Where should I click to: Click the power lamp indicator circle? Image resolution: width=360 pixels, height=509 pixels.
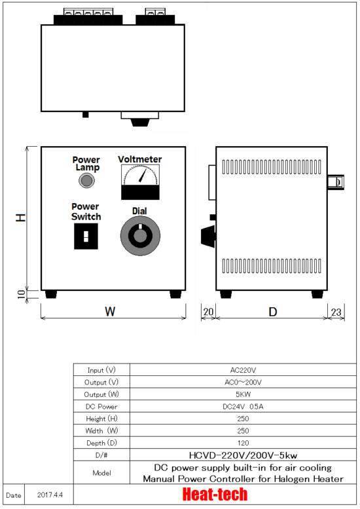tap(86, 181)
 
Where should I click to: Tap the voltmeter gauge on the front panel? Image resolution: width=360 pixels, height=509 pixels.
tap(140, 182)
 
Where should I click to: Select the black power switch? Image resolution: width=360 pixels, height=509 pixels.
tap(86, 236)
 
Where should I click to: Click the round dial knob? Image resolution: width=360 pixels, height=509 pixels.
tap(140, 236)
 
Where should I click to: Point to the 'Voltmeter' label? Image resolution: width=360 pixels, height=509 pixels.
tap(140, 159)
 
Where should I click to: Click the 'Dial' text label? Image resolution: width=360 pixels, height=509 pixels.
tap(139, 211)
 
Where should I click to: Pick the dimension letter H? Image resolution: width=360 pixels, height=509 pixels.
tap(21, 217)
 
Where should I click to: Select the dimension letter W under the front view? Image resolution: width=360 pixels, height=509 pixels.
tap(110, 312)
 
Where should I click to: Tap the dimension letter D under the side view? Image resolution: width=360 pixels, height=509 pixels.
tap(273, 312)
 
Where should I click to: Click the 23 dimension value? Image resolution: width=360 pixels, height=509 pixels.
tap(336, 312)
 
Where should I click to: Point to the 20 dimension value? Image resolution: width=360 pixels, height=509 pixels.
tap(208, 312)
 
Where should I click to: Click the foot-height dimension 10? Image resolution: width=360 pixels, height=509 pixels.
tap(22, 294)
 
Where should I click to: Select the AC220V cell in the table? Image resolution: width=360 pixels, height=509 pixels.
tap(243, 370)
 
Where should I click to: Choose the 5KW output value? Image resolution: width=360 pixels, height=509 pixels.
tap(243, 394)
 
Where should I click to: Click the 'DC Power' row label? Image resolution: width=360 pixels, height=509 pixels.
tap(101, 406)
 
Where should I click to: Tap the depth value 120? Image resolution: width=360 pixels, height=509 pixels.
tap(243, 443)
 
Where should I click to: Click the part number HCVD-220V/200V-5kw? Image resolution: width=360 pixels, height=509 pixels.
tap(243, 455)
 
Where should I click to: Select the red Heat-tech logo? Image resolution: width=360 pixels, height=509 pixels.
tap(215, 495)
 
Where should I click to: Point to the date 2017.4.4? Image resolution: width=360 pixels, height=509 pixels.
tap(50, 495)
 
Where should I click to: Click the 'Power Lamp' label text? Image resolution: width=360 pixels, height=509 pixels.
tap(86, 164)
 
